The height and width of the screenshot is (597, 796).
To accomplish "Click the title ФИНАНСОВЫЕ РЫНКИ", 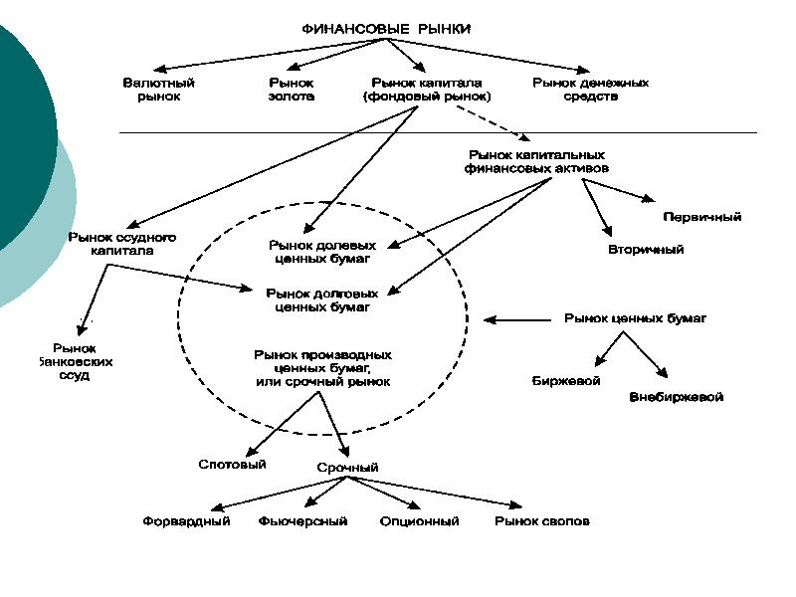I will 386,29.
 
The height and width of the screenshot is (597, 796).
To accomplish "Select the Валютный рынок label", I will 159,90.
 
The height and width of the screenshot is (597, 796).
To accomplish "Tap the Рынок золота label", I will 292,90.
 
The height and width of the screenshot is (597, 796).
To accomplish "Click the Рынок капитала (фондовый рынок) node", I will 427,90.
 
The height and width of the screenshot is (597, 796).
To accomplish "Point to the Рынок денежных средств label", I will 591,90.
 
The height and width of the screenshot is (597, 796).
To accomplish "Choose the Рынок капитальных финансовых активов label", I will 536,162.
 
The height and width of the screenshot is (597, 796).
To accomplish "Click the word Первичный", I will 701,217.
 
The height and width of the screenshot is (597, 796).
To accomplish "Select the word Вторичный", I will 646,250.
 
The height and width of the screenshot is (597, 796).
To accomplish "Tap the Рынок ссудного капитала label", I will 122,244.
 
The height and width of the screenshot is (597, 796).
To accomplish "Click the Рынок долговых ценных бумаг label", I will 321,300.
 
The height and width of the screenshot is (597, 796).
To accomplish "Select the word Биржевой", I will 566,381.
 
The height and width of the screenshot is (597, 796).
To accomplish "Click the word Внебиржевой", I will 677,397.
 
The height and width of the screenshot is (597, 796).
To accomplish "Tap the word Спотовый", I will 232,465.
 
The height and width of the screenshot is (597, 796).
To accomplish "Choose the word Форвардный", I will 187,521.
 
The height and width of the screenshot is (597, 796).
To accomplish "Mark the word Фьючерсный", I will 302,521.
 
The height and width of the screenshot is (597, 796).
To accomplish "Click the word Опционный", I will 419,521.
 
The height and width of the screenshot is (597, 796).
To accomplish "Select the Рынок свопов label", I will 542,521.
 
